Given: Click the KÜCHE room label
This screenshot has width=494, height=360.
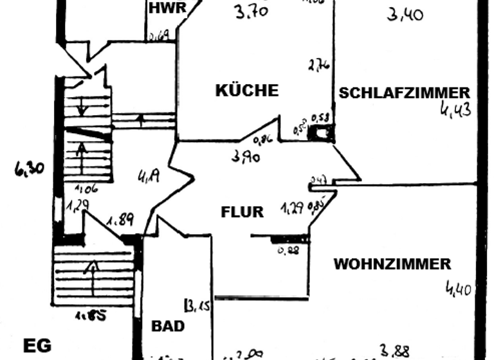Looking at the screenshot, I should pyautogui.click(x=247, y=91).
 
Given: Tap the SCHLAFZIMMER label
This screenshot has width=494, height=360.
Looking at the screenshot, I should pyautogui.click(x=404, y=93).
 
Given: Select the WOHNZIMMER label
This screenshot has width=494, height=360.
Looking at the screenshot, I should pyautogui.click(x=392, y=264).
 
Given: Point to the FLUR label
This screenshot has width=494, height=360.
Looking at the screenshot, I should pyautogui.click(x=242, y=212).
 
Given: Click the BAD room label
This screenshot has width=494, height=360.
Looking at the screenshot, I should pyautogui.click(x=168, y=325).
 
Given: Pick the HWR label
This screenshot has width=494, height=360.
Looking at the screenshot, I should pyautogui.click(x=167, y=8).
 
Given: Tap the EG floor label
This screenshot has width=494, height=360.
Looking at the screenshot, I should pyautogui.click(x=37, y=346).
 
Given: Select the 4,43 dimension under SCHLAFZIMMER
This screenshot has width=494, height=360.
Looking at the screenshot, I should pyautogui.click(x=455, y=109).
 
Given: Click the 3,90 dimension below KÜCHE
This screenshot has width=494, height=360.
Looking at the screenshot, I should pyautogui.click(x=246, y=156).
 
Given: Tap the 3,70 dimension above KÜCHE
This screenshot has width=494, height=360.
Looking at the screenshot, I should pyautogui.click(x=252, y=12).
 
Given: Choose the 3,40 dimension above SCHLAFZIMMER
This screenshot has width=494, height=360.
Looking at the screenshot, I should pyautogui.click(x=405, y=13).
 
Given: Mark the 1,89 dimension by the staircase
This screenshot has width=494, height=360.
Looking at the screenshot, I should pyautogui.click(x=120, y=221).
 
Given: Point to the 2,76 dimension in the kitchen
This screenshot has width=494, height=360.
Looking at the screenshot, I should pyautogui.click(x=319, y=65).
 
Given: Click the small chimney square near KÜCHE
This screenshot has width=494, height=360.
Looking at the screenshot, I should pyautogui.click(x=320, y=132).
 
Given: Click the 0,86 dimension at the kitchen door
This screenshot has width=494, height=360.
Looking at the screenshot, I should pyautogui.click(x=262, y=139).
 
